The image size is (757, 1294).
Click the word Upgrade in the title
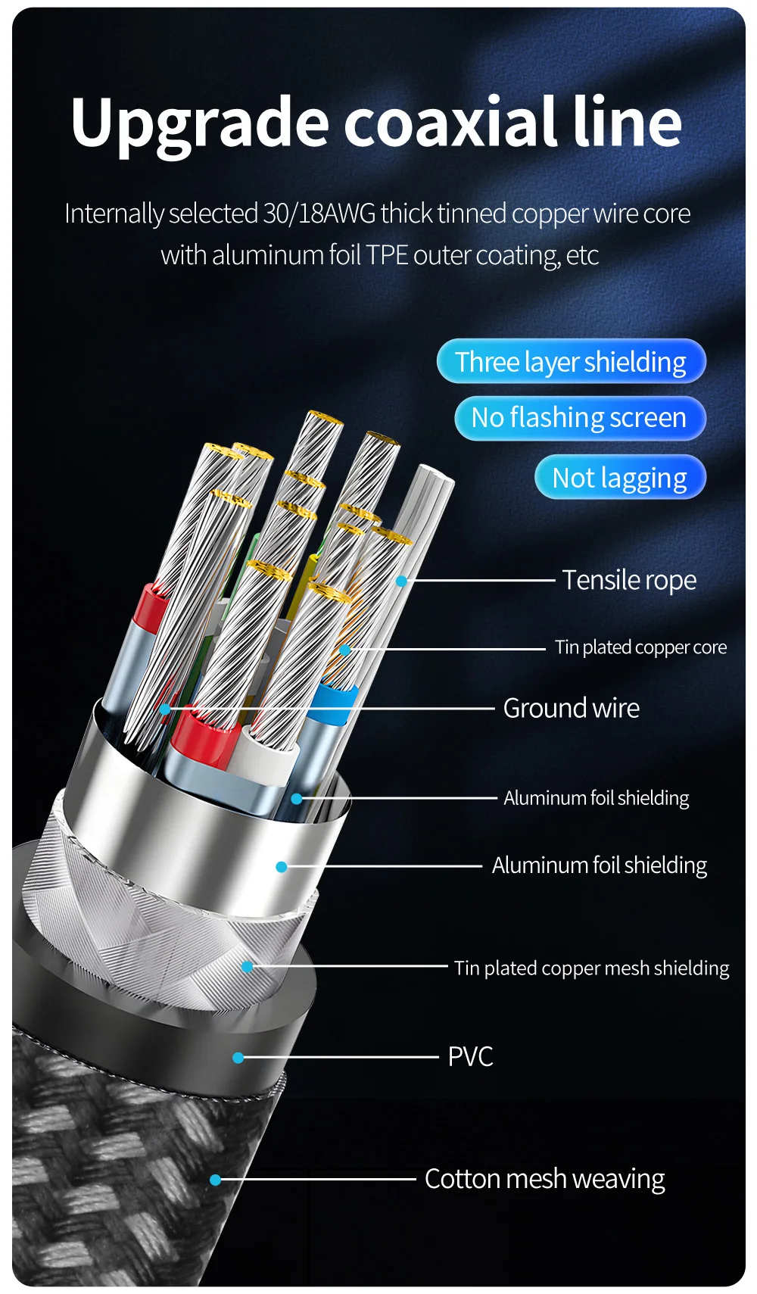[x=200, y=123]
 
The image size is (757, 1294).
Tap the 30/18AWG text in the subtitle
[x=319, y=214]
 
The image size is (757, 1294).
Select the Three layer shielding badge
[x=571, y=362]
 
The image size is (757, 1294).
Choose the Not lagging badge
[x=619, y=478]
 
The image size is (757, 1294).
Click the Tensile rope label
[x=628, y=580]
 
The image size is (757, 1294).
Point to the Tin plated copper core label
[x=640, y=647]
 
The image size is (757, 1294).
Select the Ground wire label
[x=571, y=708]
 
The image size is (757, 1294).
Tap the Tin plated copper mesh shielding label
[x=591, y=968]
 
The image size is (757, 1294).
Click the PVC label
[x=470, y=1056]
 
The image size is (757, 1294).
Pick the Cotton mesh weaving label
[x=544, y=1179]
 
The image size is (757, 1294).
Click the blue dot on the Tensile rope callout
[x=401, y=582]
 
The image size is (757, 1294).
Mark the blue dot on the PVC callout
[x=238, y=1058]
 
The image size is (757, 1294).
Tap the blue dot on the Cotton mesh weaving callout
[x=215, y=1180]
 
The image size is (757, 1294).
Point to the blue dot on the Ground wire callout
[x=165, y=709]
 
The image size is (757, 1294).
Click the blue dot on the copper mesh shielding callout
[x=247, y=967]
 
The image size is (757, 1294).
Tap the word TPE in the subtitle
[x=387, y=255]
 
